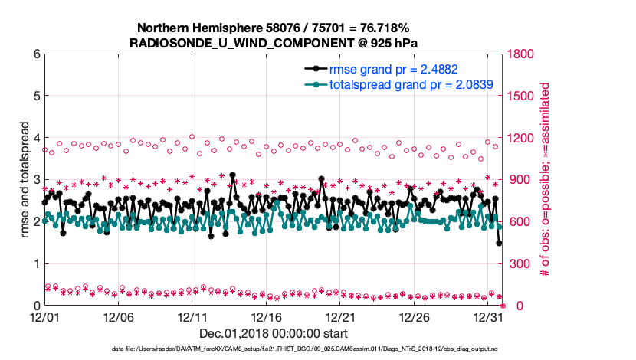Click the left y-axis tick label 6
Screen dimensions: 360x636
(x=36, y=54)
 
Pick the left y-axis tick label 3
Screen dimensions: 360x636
(x=36, y=180)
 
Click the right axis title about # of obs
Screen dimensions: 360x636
(x=546, y=180)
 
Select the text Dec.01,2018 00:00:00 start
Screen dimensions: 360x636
(x=274, y=333)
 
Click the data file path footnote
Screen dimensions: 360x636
(x=274, y=350)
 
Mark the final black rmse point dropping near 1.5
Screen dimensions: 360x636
(x=499, y=243)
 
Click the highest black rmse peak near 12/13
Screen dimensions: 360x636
(x=232, y=175)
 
